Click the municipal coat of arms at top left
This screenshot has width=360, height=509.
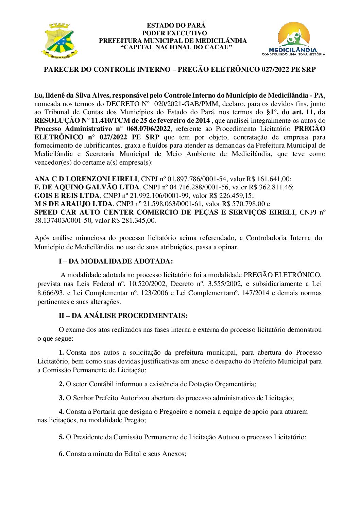[x=59, y=40]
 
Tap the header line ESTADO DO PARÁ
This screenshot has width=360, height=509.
[x=176, y=26]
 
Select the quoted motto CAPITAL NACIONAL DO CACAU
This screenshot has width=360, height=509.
[x=176, y=47]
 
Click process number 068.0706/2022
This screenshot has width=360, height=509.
[x=148, y=129]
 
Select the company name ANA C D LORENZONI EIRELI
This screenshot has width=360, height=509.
[x=86, y=179]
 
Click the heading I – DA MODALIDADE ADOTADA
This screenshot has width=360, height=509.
[x=116, y=261]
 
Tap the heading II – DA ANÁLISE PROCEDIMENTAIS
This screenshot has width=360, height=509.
[x=123, y=316]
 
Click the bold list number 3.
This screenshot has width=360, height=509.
[x=62, y=398]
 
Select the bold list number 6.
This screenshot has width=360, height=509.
[x=62, y=454]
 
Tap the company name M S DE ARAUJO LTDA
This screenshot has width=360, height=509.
[x=73, y=204]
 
